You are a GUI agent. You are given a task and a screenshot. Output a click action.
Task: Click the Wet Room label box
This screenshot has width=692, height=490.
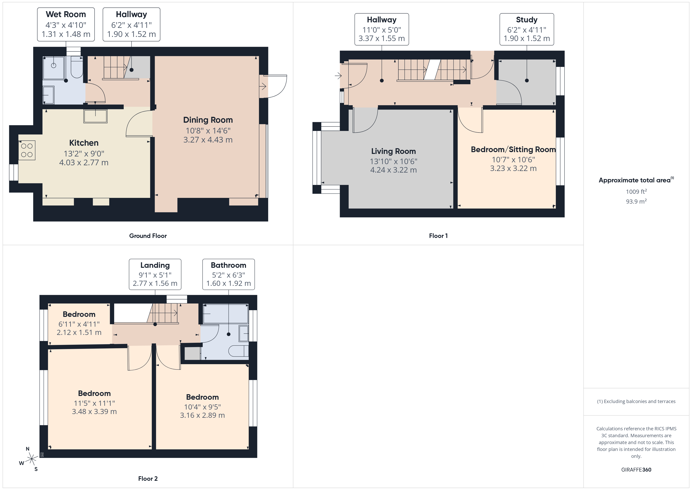click(66, 24)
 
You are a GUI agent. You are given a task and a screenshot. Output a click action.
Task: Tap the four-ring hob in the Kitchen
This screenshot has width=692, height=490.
click(27, 150)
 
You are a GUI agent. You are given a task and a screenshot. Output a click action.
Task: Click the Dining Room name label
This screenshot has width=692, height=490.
click(208, 120)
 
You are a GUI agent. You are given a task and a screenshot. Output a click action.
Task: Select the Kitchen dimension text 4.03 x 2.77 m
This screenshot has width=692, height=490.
click(84, 163)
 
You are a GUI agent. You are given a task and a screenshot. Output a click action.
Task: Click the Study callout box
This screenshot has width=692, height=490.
click(526, 29)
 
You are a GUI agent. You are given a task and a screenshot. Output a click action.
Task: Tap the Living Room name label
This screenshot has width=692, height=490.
click(393, 151)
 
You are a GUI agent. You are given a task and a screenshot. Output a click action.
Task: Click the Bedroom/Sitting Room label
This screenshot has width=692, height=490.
click(513, 149)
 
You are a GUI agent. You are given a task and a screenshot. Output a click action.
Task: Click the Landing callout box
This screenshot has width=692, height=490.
click(155, 274)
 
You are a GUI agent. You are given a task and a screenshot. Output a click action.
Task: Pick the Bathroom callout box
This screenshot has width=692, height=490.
click(229, 274)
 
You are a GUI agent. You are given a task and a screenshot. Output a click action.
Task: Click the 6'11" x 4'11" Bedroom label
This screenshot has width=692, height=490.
click(79, 324)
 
